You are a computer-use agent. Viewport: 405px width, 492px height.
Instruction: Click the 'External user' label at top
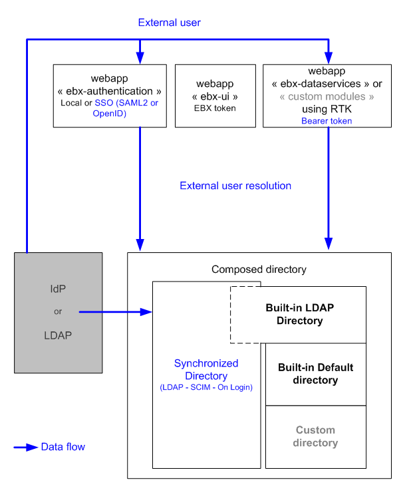pos(169,23)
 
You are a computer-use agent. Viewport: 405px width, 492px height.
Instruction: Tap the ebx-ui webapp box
pos(215,96)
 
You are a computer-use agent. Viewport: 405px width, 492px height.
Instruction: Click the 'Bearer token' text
pos(327,121)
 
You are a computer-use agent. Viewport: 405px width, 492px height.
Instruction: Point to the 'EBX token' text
pos(215,108)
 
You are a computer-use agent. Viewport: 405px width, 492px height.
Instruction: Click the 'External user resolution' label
pos(235,186)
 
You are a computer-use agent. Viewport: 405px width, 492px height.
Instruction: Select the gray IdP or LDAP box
pos(59,311)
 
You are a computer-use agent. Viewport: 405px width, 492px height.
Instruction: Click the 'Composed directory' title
pos(259,269)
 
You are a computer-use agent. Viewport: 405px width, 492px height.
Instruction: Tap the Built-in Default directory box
pos(316,374)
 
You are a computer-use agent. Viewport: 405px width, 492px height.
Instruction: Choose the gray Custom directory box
pos(316,436)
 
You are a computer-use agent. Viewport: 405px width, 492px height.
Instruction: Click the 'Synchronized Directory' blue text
pos(206,370)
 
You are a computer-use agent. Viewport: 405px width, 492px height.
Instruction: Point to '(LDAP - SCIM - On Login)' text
pos(206,387)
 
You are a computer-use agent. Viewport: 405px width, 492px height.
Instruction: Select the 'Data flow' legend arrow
pos(25,447)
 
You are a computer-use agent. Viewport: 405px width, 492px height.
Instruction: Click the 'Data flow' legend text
pos(63,447)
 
